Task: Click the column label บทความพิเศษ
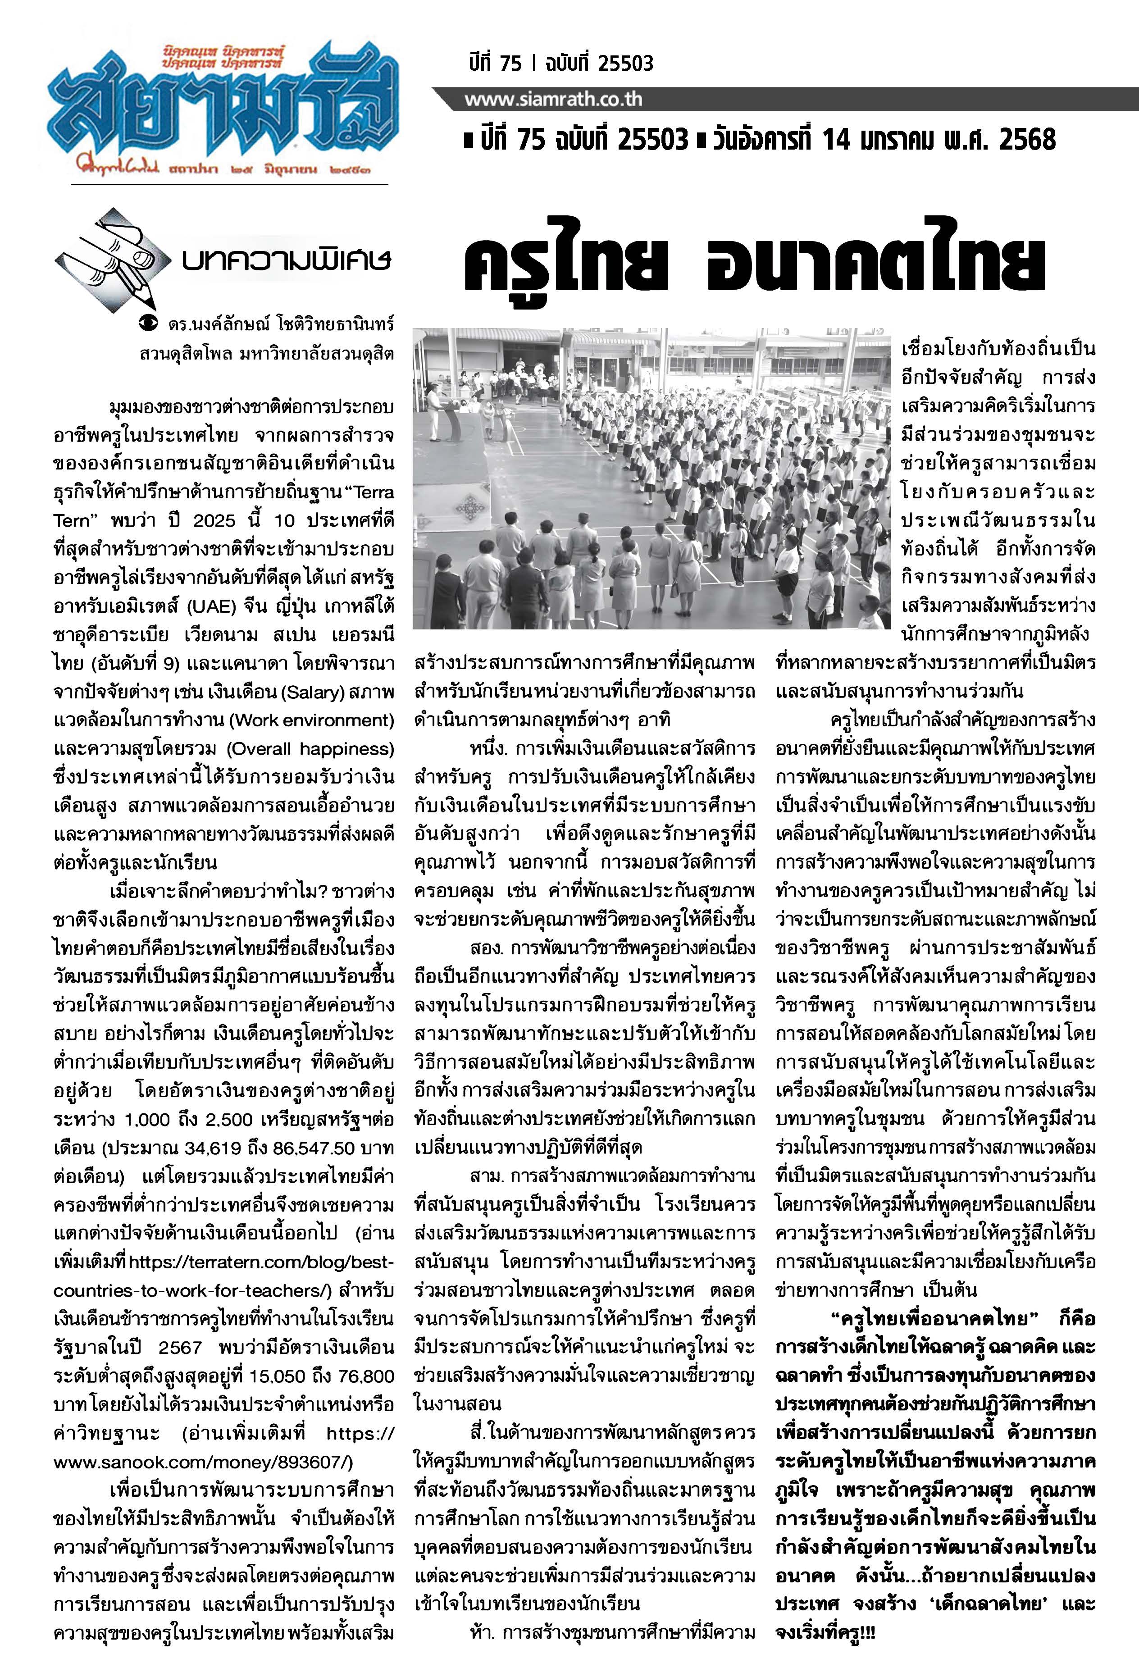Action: (286, 260)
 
